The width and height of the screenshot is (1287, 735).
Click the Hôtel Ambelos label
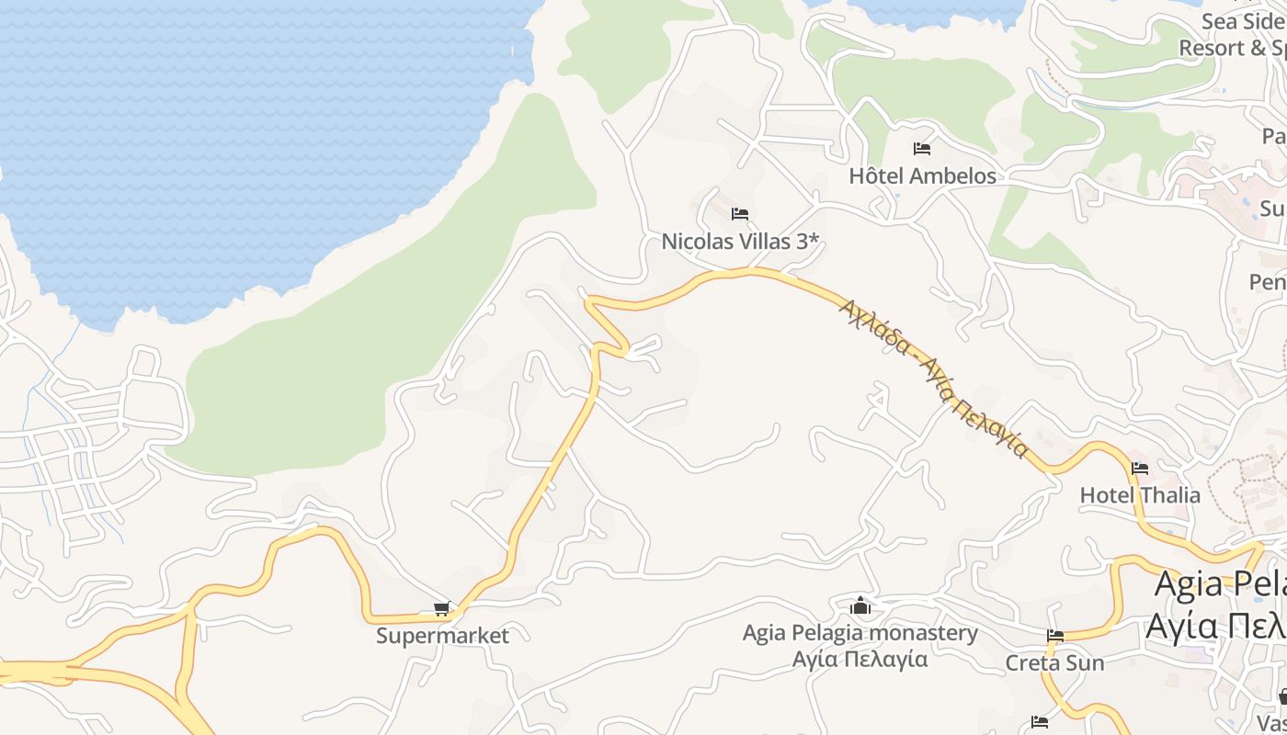tap(922, 175)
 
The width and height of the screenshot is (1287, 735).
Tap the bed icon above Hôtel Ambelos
tap(922, 149)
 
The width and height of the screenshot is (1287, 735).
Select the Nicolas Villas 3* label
tap(740, 242)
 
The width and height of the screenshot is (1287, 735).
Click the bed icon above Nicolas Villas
tap(740, 215)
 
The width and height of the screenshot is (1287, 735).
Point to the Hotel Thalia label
tap(1140, 495)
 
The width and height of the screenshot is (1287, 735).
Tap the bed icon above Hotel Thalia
tap(1140, 469)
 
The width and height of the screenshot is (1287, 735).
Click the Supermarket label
tap(442, 636)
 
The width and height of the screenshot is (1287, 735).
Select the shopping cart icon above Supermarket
tap(442, 609)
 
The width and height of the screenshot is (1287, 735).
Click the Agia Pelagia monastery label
tap(860, 633)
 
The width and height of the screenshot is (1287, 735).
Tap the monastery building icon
tap(860, 605)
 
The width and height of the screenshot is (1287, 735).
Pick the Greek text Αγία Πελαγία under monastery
tap(860, 660)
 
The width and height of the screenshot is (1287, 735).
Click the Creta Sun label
tap(1054, 662)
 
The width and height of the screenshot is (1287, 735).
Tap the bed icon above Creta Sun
tap(1054, 636)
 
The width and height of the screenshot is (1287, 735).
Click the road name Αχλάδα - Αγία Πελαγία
tap(933, 378)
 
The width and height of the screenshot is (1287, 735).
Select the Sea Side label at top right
tap(1244, 21)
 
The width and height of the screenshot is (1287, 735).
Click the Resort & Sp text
tap(1232, 48)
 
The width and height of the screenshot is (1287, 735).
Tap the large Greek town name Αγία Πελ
tap(1215, 627)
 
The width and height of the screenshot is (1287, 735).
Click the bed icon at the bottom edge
tap(1040, 721)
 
